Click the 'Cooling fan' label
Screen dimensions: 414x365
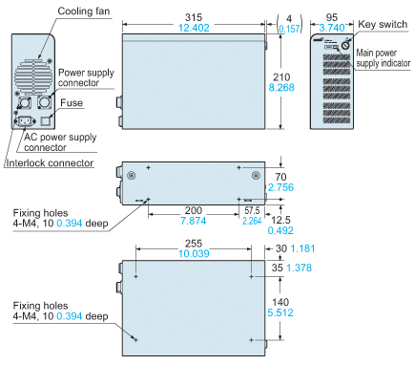coord(84,11)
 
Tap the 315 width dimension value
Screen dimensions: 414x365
coord(194,17)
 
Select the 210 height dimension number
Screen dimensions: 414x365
coord(281,76)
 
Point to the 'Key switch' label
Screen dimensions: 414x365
coord(383,24)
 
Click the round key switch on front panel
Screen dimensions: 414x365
coord(345,46)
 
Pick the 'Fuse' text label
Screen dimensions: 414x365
coord(72,103)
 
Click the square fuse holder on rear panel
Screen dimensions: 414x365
coord(47,120)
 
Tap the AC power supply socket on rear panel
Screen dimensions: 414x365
coord(25,121)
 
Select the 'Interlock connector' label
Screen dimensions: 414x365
coord(50,163)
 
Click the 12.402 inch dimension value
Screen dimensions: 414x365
coord(194,28)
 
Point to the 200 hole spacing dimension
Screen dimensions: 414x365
coord(194,210)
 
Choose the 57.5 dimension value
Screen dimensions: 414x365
coord(252,210)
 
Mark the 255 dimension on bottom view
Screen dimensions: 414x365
coord(194,244)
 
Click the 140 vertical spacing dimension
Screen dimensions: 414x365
coord(280,302)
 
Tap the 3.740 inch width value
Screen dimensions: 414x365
coord(332,28)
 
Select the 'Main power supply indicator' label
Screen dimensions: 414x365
coord(383,58)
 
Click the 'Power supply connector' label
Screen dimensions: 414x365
coord(86,77)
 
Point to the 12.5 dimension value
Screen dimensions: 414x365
coord(280,220)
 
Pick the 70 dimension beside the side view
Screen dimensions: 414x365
coord(280,177)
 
